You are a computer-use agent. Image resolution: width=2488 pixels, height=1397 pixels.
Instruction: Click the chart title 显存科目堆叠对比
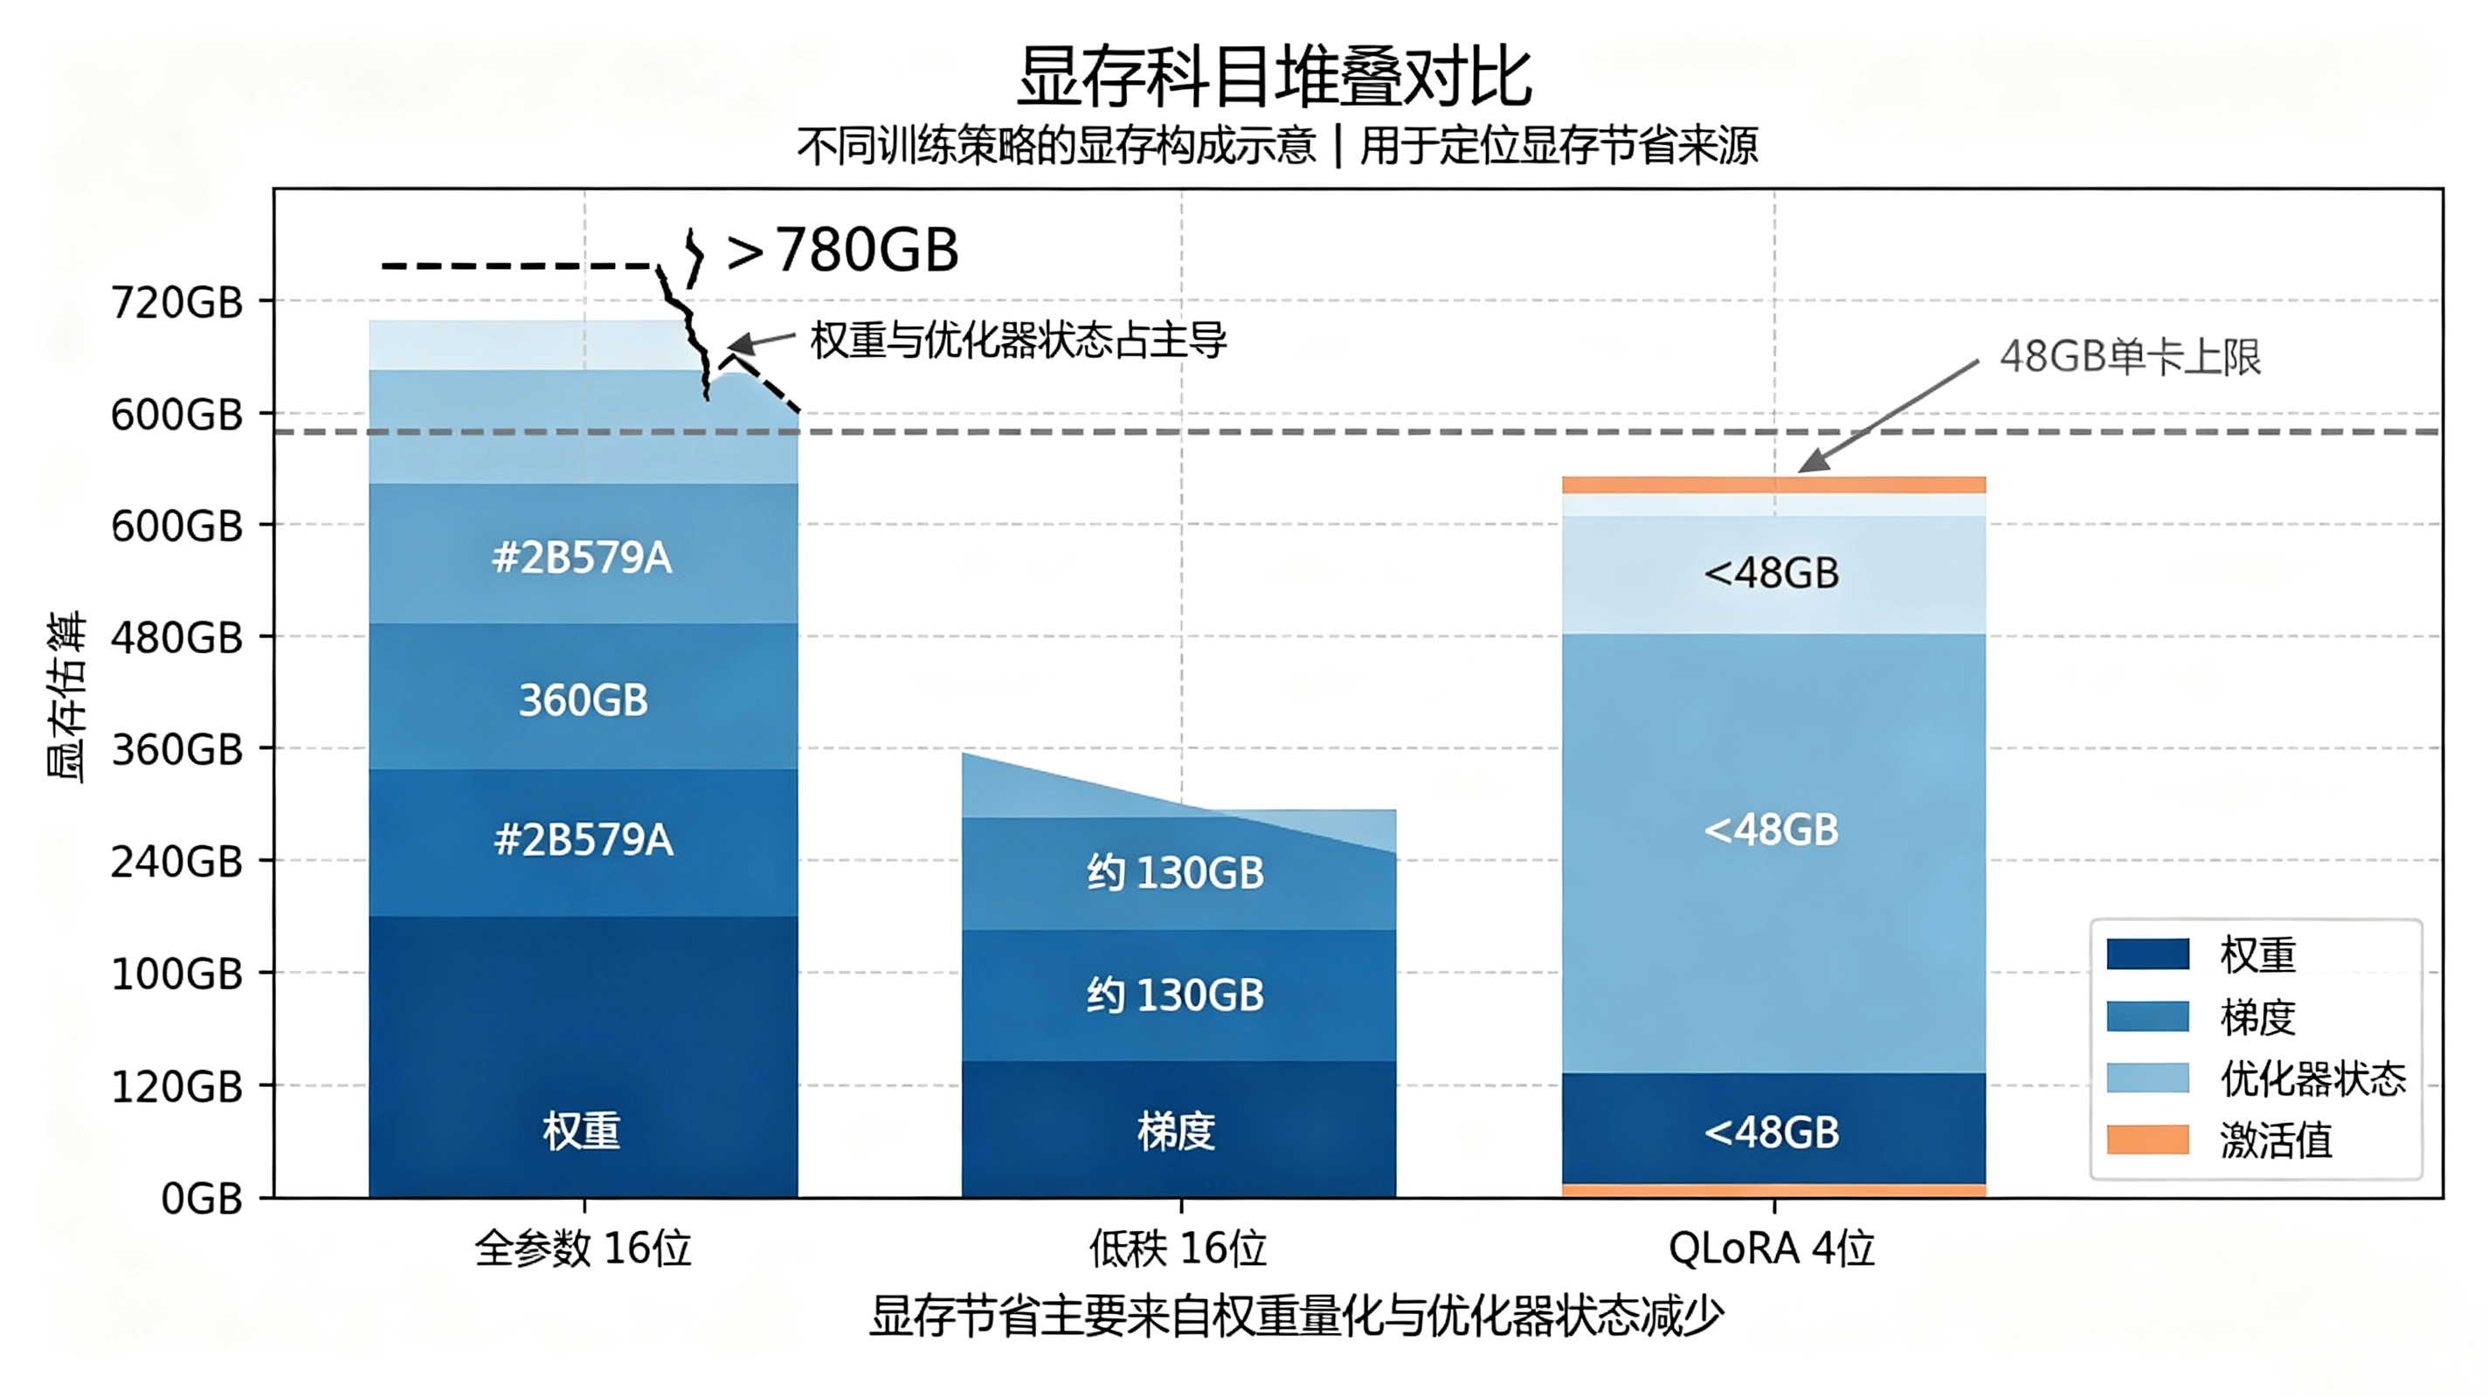click(1274, 76)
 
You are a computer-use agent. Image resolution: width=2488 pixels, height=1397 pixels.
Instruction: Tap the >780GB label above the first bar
click(842, 250)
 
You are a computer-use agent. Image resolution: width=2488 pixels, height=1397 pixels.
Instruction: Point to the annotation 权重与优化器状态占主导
click(1018, 340)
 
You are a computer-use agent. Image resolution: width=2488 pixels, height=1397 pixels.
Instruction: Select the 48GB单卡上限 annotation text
click(2131, 357)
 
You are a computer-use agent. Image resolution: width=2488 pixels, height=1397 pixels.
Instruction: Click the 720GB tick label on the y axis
click(176, 302)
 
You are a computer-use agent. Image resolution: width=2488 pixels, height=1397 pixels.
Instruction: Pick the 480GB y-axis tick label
click(176, 637)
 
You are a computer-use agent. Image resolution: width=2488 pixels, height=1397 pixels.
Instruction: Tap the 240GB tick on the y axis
click(176, 861)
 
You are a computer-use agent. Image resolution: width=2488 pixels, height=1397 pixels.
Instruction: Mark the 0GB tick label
click(202, 1198)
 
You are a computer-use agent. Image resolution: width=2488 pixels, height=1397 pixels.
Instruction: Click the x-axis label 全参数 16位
click(584, 1249)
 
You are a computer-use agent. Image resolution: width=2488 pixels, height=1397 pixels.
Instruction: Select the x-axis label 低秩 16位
click(1178, 1249)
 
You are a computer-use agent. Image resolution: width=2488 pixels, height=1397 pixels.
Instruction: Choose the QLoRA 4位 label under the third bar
click(1773, 1249)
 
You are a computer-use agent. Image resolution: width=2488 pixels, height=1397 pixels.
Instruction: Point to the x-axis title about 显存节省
click(1297, 1316)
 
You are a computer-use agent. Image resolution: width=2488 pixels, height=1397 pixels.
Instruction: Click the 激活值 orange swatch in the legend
click(2148, 1139)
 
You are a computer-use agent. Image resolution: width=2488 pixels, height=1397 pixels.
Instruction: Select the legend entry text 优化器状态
click(2313, 1078)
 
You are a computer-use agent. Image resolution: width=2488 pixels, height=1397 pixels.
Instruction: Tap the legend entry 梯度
click(2257, 1016)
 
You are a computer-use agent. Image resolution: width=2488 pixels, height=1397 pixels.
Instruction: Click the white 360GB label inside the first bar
click(584, 700)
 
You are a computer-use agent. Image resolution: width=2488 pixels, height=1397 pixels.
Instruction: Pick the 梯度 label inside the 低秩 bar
click(1177, 1131)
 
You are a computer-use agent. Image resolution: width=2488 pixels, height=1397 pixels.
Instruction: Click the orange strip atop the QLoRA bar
click(1774, 485)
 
